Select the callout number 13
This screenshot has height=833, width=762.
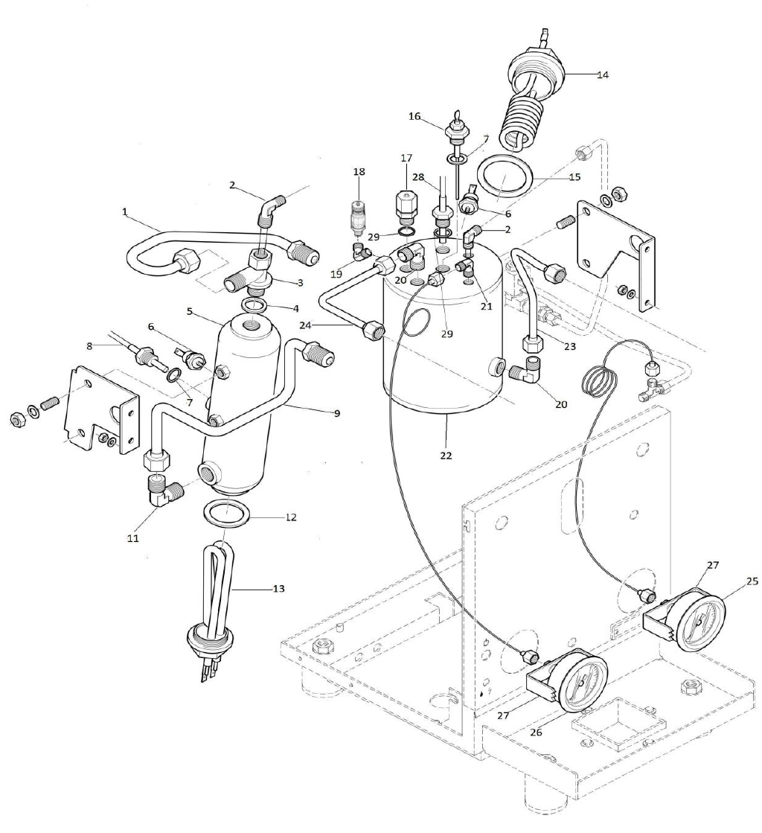[278, 588]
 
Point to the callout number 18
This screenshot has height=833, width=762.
[359, 172]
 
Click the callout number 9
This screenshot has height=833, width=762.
[337, 412]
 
